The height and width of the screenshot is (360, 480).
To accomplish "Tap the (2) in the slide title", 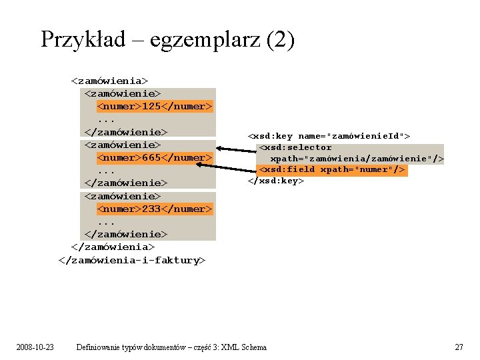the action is (x=279, y=40).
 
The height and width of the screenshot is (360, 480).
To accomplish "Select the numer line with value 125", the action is (x=155, y=106).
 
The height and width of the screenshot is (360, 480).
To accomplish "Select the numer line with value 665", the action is (x=155, y=157).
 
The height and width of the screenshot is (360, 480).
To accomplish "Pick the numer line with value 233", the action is (x=155, y=209).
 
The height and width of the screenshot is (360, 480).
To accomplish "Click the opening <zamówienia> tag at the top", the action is (x=109, y=81).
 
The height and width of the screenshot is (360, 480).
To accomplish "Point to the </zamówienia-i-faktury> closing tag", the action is (x=133, y=260).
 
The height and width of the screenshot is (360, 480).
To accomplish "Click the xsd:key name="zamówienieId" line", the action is (x=329, y=136).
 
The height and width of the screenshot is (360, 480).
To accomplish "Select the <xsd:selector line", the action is (x=295, y=147).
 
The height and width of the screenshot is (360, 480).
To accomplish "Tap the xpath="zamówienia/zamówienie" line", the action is (x=357, y=159).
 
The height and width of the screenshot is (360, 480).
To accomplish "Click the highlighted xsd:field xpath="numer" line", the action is (x=332, y=169).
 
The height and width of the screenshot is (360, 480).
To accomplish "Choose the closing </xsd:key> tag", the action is (x=276, y=181).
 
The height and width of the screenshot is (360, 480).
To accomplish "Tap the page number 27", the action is (x=459, y=347).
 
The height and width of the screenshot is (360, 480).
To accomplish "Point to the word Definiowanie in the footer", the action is (x=99, y=347).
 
